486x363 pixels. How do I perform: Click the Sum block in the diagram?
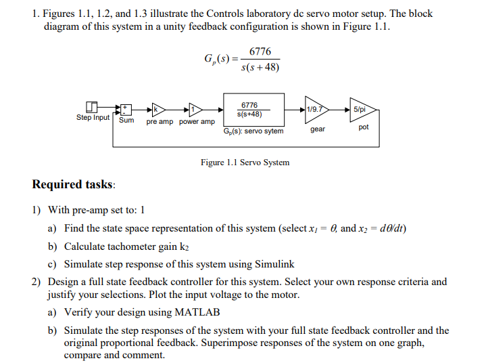click(126, 108)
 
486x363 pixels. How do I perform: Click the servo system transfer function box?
click(249, 109)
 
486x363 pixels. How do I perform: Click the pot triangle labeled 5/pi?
click(361, 109)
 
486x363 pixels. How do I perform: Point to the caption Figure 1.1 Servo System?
click(245, 163)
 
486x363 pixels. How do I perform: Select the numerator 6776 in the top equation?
click(260, 52)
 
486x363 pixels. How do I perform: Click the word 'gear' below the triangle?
click(318, 128)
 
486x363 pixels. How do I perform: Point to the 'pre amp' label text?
click(160, 122)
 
